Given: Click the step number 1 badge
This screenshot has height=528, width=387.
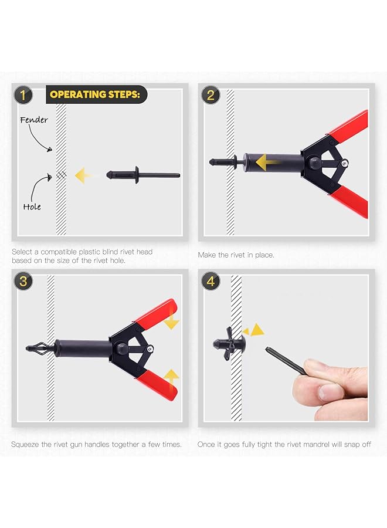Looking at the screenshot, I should point(23,94).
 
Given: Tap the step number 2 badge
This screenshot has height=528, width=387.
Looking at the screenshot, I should point(211,94).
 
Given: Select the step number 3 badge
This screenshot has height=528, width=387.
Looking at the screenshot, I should point(23,281).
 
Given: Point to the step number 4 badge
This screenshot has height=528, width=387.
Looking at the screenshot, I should point(211,281).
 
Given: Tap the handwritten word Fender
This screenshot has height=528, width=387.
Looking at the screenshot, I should point(34,120).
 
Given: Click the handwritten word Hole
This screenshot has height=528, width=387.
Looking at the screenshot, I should point(32,207).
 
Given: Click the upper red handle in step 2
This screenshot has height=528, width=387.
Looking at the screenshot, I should point(348,126).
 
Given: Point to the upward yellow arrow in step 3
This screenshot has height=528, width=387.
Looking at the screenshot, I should point(171,376).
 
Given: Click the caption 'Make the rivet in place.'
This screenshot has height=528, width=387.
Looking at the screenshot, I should point(236,255).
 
